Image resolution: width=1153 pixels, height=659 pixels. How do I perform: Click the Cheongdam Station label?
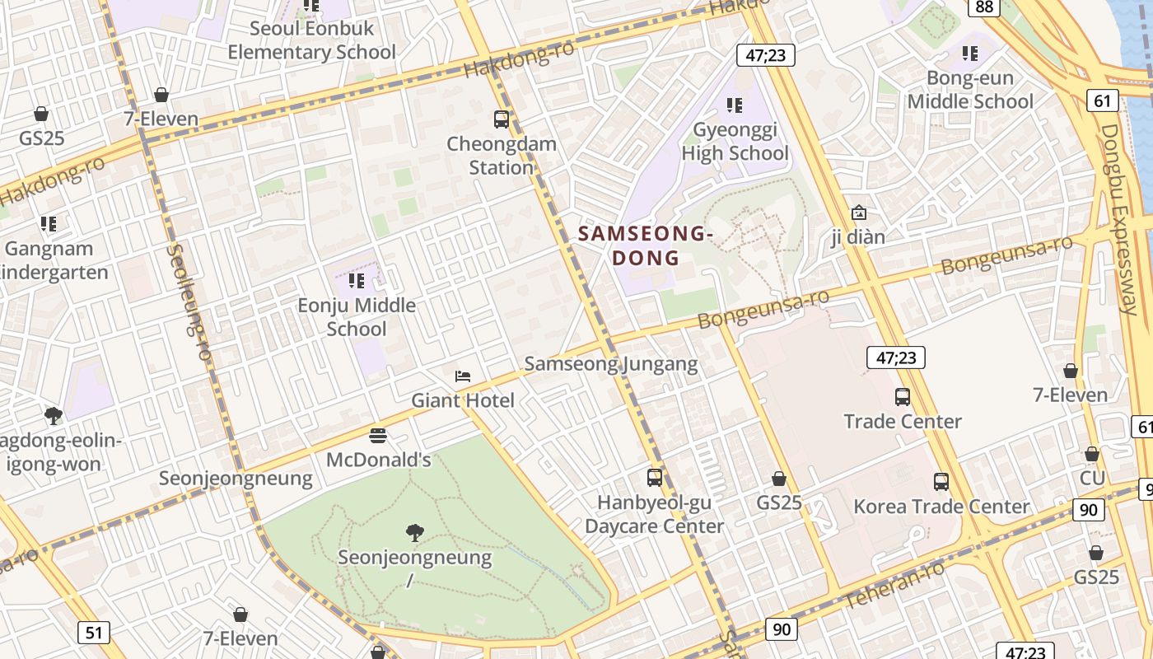501,156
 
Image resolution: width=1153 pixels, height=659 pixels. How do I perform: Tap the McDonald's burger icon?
378,435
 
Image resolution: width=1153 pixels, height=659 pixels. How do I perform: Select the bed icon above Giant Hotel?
463,376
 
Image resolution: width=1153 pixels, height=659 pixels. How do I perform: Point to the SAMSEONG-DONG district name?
644,245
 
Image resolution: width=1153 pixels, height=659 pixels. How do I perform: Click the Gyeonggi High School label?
735,142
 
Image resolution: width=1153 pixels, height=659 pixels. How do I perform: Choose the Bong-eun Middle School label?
969,90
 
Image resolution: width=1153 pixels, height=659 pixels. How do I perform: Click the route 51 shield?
94,633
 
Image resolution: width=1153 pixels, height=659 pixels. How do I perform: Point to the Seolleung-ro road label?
189,301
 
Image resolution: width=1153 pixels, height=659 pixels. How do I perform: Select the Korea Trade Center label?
941,506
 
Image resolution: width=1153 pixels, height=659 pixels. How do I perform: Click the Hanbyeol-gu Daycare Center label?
654,514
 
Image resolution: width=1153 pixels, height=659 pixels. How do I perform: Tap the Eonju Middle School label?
357,317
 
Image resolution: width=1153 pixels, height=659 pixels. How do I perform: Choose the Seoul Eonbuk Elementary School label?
311,40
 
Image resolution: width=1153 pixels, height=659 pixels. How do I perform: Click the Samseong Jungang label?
610,363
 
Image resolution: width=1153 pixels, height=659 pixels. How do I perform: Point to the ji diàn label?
858,237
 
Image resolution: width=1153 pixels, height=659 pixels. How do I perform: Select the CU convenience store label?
1091,478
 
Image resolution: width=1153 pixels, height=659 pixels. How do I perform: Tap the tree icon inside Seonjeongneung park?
415,533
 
